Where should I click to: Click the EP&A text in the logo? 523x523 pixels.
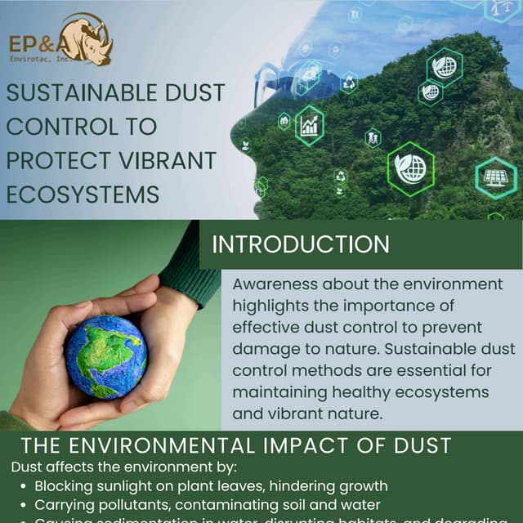pos(34,43)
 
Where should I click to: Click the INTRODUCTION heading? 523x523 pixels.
pos(301,244)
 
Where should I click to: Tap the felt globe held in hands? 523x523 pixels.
pos(106,356)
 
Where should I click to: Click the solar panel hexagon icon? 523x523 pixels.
pos(496,177)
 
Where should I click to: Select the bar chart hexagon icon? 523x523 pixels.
pos(310,125)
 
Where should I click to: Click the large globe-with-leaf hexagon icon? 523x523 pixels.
pos(410,169)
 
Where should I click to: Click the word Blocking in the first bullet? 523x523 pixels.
pos(61,486)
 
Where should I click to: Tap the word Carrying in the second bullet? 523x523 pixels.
pos(61,504)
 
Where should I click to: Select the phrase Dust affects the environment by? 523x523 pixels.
pos(123,467)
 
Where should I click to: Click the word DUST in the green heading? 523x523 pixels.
pos(422,446)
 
